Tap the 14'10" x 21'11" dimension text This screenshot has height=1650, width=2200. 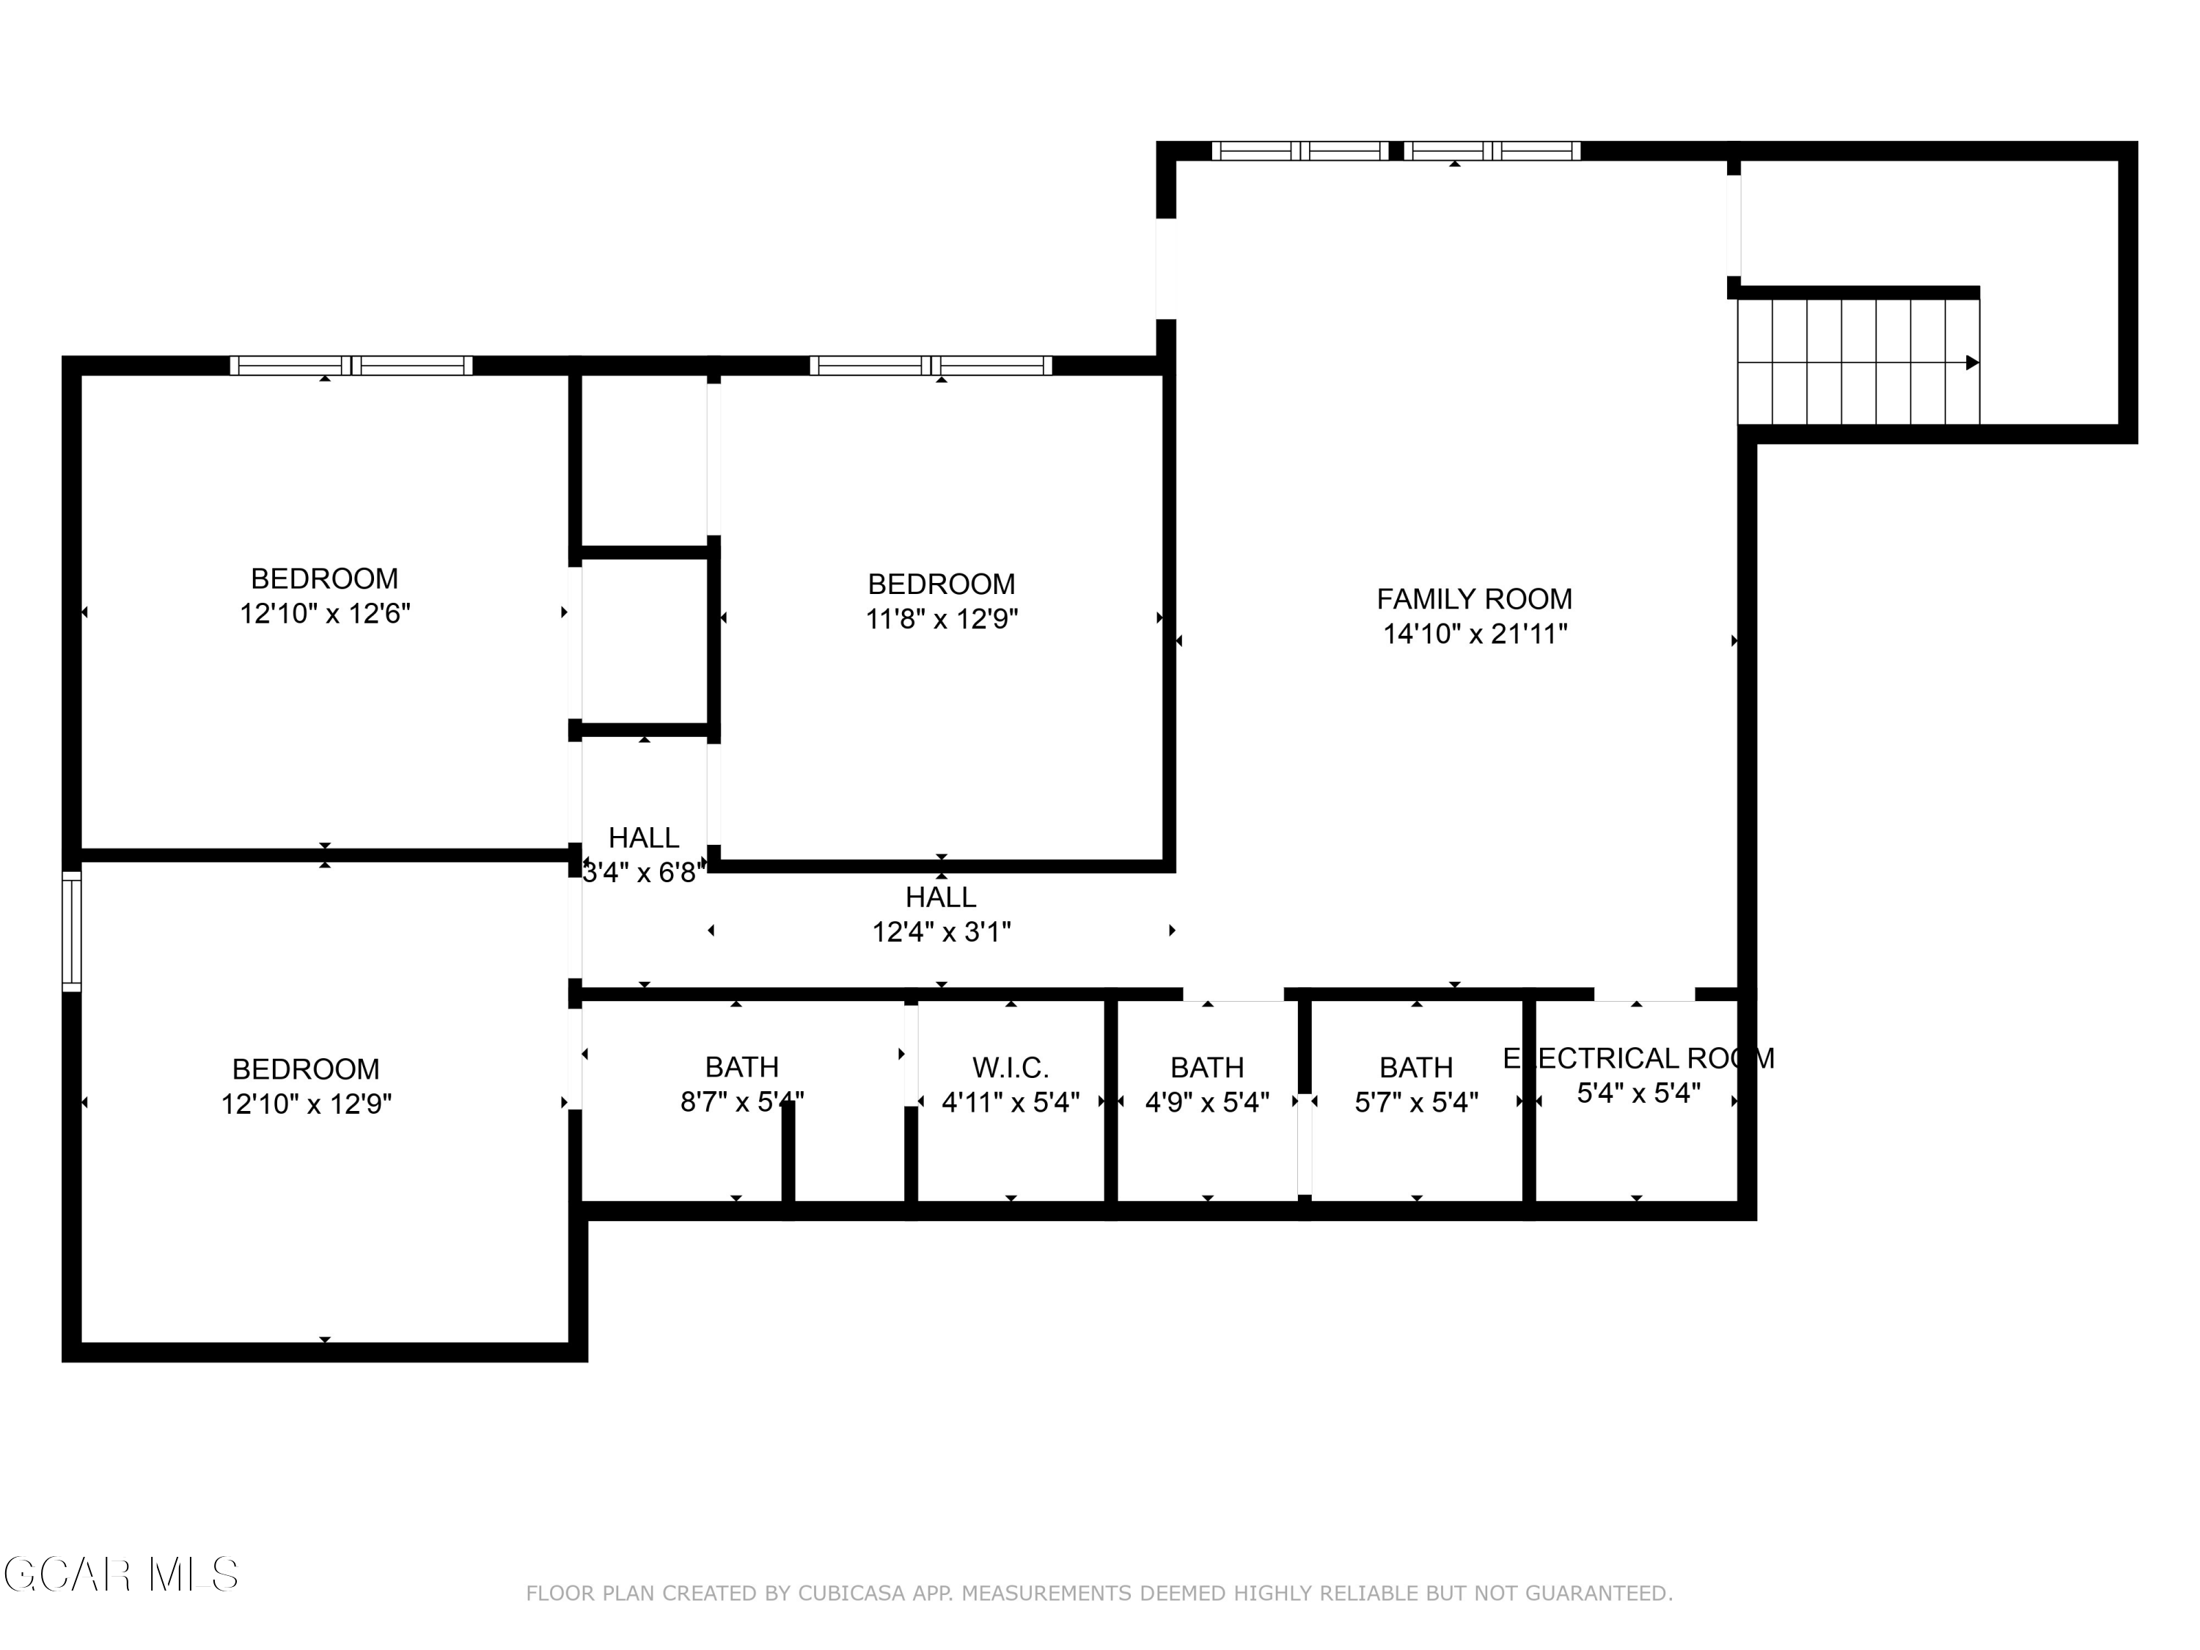coord(1475,634)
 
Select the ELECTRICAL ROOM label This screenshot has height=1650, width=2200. coord(1638,1058)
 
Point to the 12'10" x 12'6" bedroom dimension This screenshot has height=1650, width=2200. coord(324,614)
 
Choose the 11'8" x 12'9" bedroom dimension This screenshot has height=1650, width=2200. coord(942,619)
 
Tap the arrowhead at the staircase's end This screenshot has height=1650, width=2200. coord(1972,363)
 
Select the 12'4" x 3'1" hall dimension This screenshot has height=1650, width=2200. coord(942,932)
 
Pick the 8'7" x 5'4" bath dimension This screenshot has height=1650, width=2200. coord(742,1102)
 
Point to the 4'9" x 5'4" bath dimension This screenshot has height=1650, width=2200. coord(1207,1102)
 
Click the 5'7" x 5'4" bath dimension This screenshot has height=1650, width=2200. coord(1416,1102)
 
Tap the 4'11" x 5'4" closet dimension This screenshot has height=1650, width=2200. coord(1011,1102)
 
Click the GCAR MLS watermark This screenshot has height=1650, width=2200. coord(121,1574)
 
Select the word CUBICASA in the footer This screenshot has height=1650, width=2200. coord(851,1594)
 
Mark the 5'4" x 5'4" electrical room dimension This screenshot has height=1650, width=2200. coord(1639,1093)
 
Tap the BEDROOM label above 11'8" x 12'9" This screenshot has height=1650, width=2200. coord(942,584)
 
